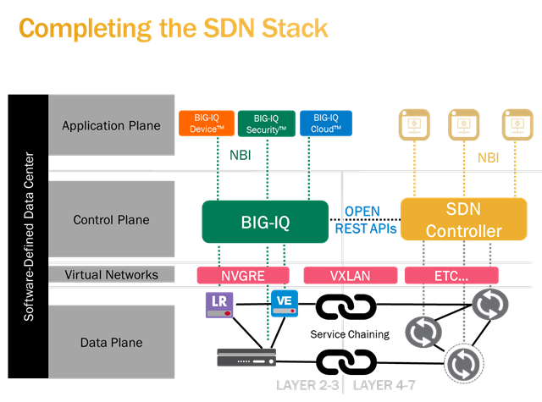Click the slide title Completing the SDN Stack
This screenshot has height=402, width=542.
(173, 28)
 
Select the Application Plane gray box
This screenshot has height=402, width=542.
(111, 126)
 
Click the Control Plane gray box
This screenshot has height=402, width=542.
(111, 220)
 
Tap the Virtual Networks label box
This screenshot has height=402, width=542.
(111, 274)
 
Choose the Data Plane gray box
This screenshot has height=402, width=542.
(111, 343)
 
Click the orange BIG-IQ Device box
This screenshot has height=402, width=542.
(204, 124)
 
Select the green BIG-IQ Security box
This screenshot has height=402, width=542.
(266, 124)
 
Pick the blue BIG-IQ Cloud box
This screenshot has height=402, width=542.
(326, 124)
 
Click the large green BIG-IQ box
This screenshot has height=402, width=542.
(264, 221)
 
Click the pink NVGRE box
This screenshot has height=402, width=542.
(242, 275)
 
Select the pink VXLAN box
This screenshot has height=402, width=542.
(348, 275)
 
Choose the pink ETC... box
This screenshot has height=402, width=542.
(451, 275)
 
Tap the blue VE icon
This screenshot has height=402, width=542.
(284, 303)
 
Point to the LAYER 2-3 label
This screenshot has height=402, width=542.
(307, 387)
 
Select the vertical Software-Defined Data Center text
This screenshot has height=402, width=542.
(30, 238)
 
